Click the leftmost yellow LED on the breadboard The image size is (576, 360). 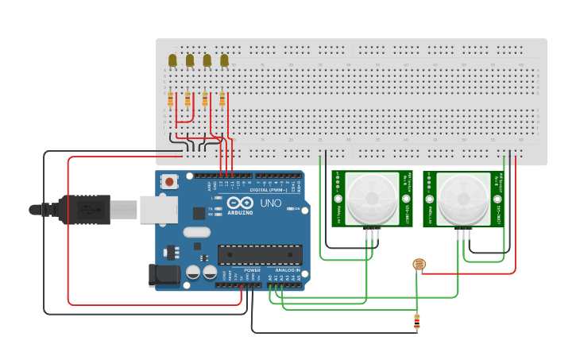coord(172,60)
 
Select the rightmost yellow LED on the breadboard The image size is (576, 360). coord(225,60)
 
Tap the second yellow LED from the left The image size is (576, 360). coord(190,60)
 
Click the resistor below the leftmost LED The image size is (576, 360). coord(171,99)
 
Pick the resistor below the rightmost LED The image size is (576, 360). coord(222,99)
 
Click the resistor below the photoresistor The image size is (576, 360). coord(417,321)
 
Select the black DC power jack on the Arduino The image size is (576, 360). coord(161,275)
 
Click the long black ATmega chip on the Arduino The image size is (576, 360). coord(261,254)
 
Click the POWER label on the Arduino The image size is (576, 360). coord(252,270)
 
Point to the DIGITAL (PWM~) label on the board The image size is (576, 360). coord(269,190)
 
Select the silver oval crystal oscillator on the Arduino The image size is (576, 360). coord(195,233)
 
